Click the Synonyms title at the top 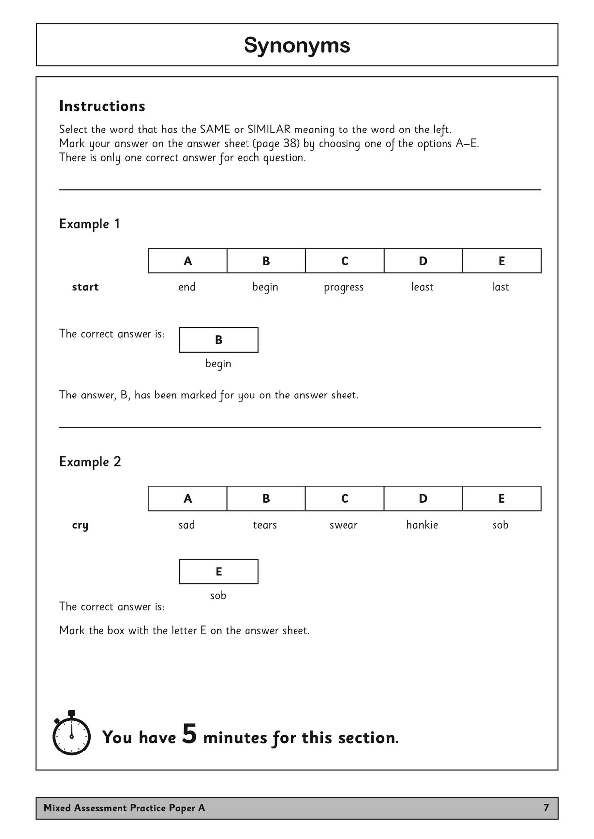tap(297, 45)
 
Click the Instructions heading tap(102, 106)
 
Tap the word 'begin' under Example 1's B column tap(265, 287)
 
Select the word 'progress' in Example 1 tap(344, 287)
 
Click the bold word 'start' tap(85, 287)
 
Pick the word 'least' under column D tap(422, 287)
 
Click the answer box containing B tap(218, 340)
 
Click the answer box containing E tap(218, 572)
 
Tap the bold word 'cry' tap(80, 525)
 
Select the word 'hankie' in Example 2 tap(422, 525)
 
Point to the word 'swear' tap(343, 525)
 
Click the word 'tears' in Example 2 tap(265, 525)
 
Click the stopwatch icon tap(71, 734)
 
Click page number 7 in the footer tap(546, 808)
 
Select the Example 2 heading tap(90, 461)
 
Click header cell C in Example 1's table tap(345, 261)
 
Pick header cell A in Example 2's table tap(188, 498)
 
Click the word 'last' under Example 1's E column tap(500, 287)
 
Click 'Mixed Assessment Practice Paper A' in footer tap(124, 808)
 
